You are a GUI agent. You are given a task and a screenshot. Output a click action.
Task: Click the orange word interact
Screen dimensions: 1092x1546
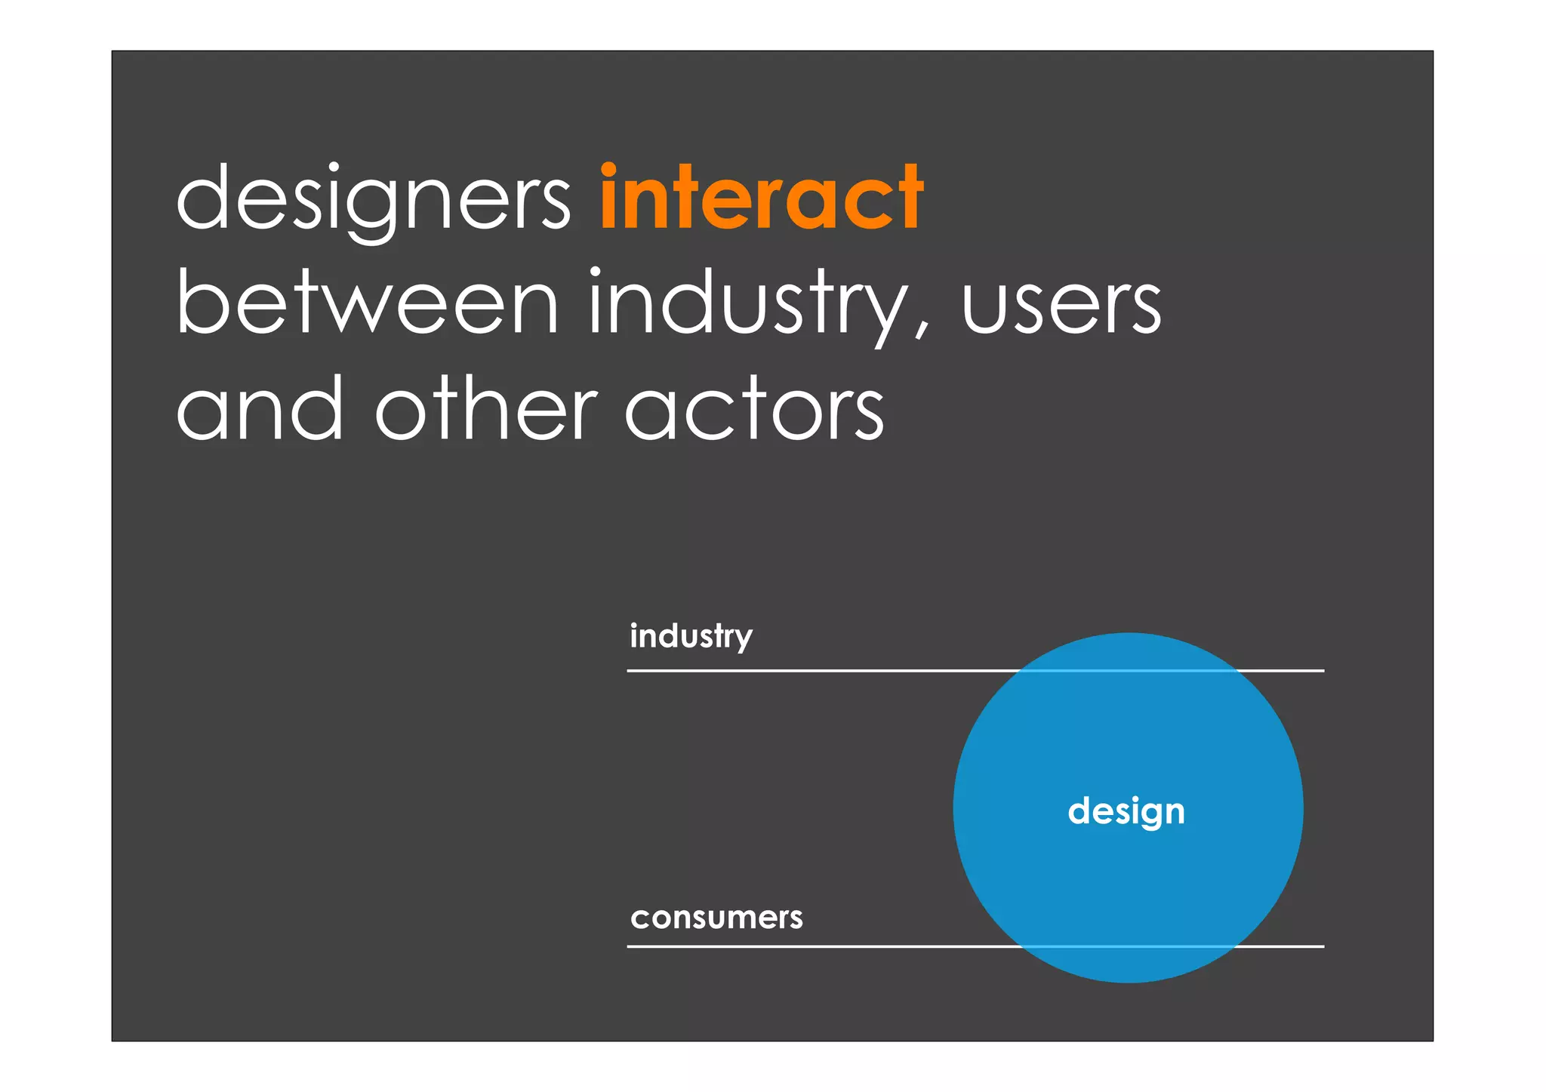pos(761,198)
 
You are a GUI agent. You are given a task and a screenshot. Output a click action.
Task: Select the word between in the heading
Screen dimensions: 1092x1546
pos(368,303)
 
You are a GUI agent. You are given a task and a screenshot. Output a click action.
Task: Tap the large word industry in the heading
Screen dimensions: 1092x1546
pos(747,303)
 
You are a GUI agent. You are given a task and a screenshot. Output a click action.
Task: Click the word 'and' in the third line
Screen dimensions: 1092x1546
pos(260,410)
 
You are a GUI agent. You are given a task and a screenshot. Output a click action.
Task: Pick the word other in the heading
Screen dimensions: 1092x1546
pos(486,410)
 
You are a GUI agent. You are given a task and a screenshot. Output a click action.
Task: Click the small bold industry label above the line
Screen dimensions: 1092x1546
pos(691,635)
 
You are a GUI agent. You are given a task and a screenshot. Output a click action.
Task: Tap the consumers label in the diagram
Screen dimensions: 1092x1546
pos(716,918)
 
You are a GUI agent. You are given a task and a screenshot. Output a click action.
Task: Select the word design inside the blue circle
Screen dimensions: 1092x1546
pos(1126,811)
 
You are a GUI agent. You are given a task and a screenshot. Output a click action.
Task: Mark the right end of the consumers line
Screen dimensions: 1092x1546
pos(1322,946)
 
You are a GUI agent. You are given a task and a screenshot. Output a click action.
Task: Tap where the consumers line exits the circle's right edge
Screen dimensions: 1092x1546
pos(1235,946)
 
